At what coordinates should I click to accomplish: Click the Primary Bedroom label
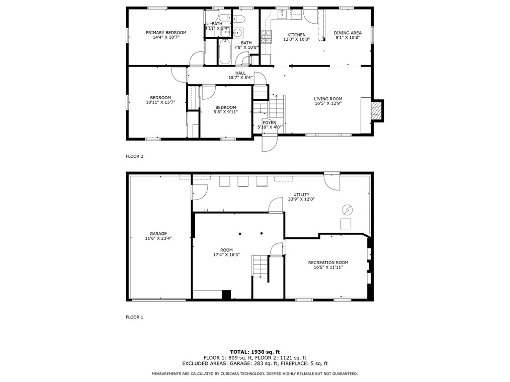[166, 33]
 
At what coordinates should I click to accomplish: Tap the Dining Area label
[348, 33]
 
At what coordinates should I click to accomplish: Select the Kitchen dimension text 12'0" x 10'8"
[296, 39]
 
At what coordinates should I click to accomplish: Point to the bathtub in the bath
[225, 52]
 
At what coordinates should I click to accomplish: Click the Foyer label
[269, 122]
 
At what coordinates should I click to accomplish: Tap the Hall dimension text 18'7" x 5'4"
[240, 78]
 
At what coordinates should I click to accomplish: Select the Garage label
[158, 233]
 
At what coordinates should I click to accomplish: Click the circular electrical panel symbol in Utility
[348, 210]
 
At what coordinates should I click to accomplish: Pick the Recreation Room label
[328, 263]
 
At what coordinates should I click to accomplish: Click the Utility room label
[301, 194]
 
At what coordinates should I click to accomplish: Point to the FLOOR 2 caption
[134, 156]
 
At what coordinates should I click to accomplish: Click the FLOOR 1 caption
[134, 317]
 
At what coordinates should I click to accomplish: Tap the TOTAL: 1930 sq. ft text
[254, 352]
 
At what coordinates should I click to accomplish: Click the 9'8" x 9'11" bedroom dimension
[226, 112]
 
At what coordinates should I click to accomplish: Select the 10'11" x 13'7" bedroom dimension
[160, 102]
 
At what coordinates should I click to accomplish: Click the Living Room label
[328, 99]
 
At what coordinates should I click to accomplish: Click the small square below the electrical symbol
[346, 224]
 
